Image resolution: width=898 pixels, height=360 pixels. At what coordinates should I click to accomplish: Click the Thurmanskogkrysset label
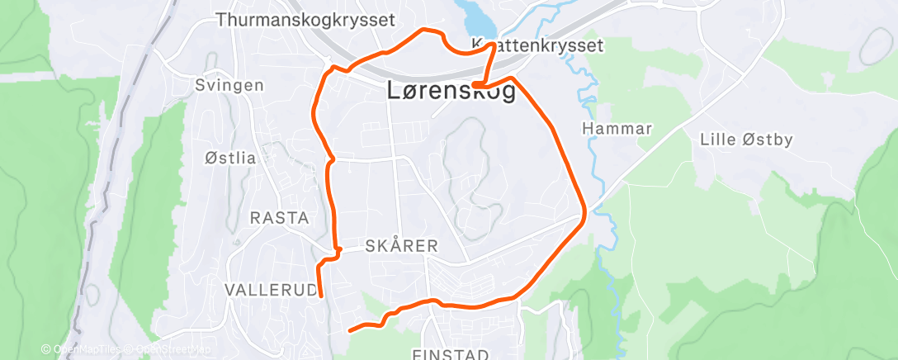305,19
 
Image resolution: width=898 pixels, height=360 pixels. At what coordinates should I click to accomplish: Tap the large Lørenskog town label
451,92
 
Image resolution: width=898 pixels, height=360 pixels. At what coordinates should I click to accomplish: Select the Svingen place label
229,86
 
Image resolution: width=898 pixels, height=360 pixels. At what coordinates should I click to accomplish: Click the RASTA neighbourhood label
279,219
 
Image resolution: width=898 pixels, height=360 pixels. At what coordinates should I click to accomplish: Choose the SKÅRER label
401,247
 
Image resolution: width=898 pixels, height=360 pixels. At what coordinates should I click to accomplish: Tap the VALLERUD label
271,290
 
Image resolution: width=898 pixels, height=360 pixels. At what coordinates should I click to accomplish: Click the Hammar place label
617,129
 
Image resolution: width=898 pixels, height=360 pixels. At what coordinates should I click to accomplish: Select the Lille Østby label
746,140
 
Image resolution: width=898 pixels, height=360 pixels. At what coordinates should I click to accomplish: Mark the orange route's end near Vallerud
320,296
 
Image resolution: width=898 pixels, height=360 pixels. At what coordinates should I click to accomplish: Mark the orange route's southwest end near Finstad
350,330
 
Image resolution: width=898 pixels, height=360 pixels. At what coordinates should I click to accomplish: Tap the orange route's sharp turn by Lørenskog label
477,84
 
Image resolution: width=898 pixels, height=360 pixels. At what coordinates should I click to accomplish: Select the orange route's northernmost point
425,30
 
